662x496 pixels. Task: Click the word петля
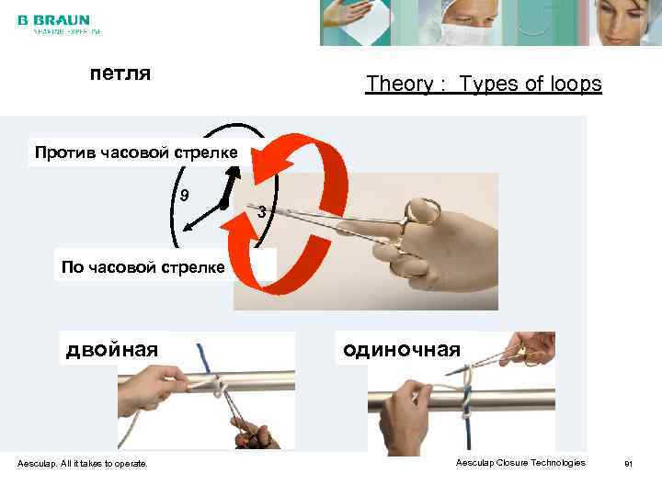pyautogui.click(x=120, y=72)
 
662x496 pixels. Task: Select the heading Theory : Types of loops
pyautogui.click(x=484, y=85)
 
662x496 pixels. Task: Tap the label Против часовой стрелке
pyautogui.click(x=135, y=152)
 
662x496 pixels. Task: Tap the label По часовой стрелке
pyautogui.click(x=142, y=267)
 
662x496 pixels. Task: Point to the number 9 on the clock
pyautogui.click(x=184, y=196)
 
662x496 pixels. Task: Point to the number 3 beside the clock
pyautogui.click(x=262, y=212)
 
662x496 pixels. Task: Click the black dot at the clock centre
pyautogui.click(x=223, y=206)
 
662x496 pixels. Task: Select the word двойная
pyautogui.click(x=111, y=349)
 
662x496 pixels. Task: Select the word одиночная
pyautogui.click(x=401, y=349)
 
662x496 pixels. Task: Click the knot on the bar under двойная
pyautogui.click(x=214, y=385)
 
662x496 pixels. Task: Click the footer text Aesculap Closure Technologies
pyautogui.click(x=519, y=462)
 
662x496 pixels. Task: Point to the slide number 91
pyautogui.click(x=629, y=463)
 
